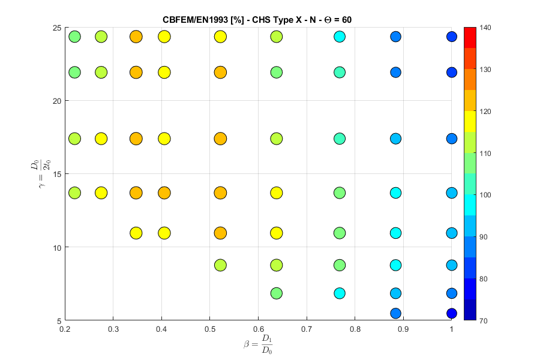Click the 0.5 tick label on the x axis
coord(209,329)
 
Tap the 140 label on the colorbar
coord(487,28)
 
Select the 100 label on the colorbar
coord(487,195)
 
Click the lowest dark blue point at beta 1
coord(452,313)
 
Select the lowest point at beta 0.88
coord(395,313)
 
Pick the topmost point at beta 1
coord(452,37)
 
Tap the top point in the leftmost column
coord(74,37)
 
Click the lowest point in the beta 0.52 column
coord(220,265)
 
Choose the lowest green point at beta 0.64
coord(277,293)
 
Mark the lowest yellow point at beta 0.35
coord(136,233)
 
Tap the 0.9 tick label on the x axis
coord(403,329)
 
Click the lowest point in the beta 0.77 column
coord(340,293)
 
